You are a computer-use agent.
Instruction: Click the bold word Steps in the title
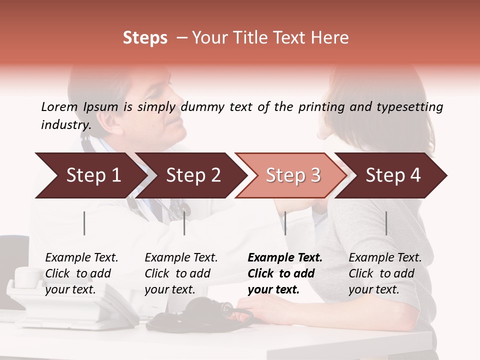(145, 38)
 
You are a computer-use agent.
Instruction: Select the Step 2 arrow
(193, 175)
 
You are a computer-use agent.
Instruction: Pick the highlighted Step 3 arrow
(292, 175)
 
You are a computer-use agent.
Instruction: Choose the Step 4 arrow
(393, 175)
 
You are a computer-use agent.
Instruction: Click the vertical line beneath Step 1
(84, 223)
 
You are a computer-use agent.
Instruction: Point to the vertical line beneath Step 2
(184, 223)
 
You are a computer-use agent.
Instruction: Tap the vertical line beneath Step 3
(285, 223)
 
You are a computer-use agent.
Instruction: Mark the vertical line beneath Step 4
(386, 223)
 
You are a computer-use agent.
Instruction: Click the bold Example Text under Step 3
(285, 258)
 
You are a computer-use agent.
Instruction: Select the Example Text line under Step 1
(81, 258)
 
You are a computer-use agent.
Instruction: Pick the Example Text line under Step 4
(385, 258)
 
